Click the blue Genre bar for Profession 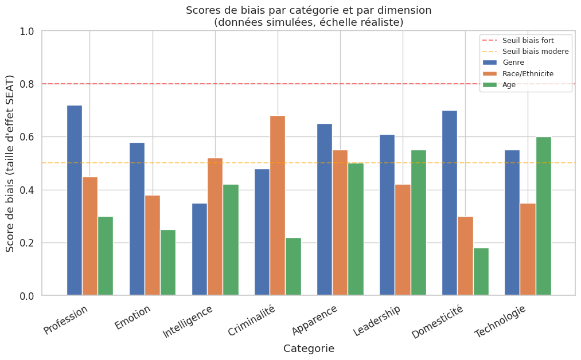[75, 201]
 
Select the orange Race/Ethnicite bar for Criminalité [278, 206]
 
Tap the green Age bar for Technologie [543, 216]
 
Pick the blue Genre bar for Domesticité [450, 203]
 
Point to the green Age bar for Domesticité [481, 272]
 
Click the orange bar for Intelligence [215, 227]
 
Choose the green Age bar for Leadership [419, 223]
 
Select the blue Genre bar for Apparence [325, 210]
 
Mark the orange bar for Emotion [153, 245]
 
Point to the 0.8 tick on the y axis [27, 84]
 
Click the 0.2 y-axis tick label [27, 243]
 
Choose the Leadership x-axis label [377, 322]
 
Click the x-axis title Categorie [309, 349]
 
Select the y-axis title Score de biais [10, 163]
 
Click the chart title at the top [309, 17]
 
